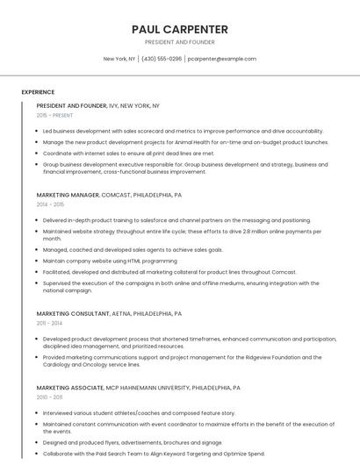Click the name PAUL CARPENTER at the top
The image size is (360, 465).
[x=179, y=29]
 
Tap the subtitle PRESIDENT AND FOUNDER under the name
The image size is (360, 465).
[x=179, y=42]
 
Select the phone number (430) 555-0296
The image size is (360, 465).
[x=162, y=59]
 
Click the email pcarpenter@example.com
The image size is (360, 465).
[x=222, y=59]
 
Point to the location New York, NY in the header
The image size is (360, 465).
[x=119, y=59]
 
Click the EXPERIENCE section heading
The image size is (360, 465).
[x=38, y=92]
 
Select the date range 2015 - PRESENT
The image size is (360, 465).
[x=55, y=115]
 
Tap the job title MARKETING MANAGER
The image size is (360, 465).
[x=68, y=195]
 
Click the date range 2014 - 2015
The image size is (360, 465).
[x=51, y=204]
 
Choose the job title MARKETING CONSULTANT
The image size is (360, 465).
[x=73, y=313]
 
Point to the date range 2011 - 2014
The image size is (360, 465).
[x=49, y=323]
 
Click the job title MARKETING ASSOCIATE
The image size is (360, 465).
[x=70, y=387]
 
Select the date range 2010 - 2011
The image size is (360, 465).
[x=49, y=397]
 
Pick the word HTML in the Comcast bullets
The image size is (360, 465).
[x=129, y=261]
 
